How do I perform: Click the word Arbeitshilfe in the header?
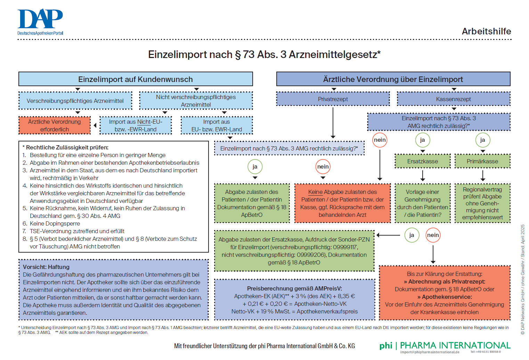click(486, 31)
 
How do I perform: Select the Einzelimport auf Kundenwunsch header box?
click(136, 79)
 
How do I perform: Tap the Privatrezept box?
click(333, 99)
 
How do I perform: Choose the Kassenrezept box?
click(453, 99)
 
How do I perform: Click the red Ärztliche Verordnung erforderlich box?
click(54, 125)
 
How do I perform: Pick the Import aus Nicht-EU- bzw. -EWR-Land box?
click(136, 125)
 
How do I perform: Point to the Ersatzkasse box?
click(422, 161)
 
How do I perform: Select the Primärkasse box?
click(482, 161)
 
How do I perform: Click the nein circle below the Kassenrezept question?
click(380, 140)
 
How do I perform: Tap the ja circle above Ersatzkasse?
click(422, 140)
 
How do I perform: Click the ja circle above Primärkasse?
click(482, 140)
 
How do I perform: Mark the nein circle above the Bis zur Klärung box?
click(433, 235)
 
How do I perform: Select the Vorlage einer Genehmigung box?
click(422, 203)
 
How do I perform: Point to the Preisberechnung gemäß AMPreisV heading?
click(294, 288)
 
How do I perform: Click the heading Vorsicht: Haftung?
click(46, 267)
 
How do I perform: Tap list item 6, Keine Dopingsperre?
click(55, 223)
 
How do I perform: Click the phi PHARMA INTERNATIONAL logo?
click(445, 346)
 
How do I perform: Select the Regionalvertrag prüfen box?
click(482, 203)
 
